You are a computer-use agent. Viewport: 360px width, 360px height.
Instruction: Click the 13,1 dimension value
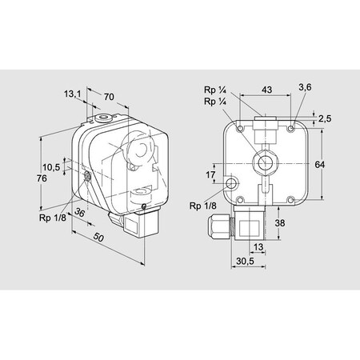coord(73,94)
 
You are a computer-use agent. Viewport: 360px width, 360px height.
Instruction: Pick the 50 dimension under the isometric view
coord(98,239)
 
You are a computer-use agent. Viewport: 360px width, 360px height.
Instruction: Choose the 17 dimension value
coord(210,174)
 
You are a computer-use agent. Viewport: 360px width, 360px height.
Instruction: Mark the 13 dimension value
coord(258,247)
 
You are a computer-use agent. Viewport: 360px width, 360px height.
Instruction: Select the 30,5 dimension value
coord(246,261)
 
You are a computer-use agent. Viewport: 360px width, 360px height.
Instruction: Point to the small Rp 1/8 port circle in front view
coord(232,184)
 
